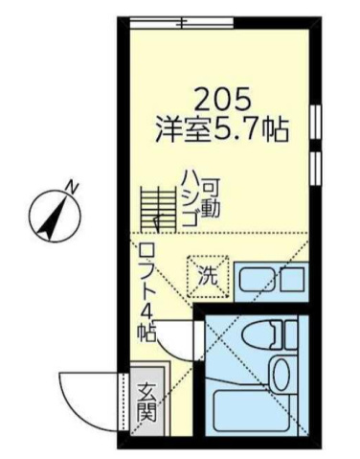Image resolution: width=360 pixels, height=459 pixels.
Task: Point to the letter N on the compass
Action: pyautogui.click(x=73, y=187)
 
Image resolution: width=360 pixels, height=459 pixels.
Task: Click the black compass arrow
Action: pyautogui.click(x=53, y=218)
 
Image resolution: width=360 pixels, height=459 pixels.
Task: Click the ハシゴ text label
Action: pyautogui.click(x=191, y=198)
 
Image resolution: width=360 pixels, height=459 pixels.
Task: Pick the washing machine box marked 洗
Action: pyautogui.click(x=208, y=276)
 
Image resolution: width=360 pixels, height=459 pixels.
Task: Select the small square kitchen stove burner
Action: pyautogui.click(x=292, y=279)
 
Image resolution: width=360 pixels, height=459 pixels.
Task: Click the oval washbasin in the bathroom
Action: pyautogui.click(x=281, y=375)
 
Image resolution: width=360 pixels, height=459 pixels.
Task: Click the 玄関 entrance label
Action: pyautogui.click(x=146, y=402)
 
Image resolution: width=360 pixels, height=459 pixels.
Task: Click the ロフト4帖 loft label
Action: pyautogui.click(x=146, y=293)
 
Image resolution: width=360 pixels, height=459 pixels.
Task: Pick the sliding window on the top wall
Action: pyautogui.click(x=182, y=22)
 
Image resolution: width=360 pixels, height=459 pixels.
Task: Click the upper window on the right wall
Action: pyautogui.click(x=315, y=123)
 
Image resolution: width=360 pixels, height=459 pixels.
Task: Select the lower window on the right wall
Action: pyautogui.click(x=315, y=168)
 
